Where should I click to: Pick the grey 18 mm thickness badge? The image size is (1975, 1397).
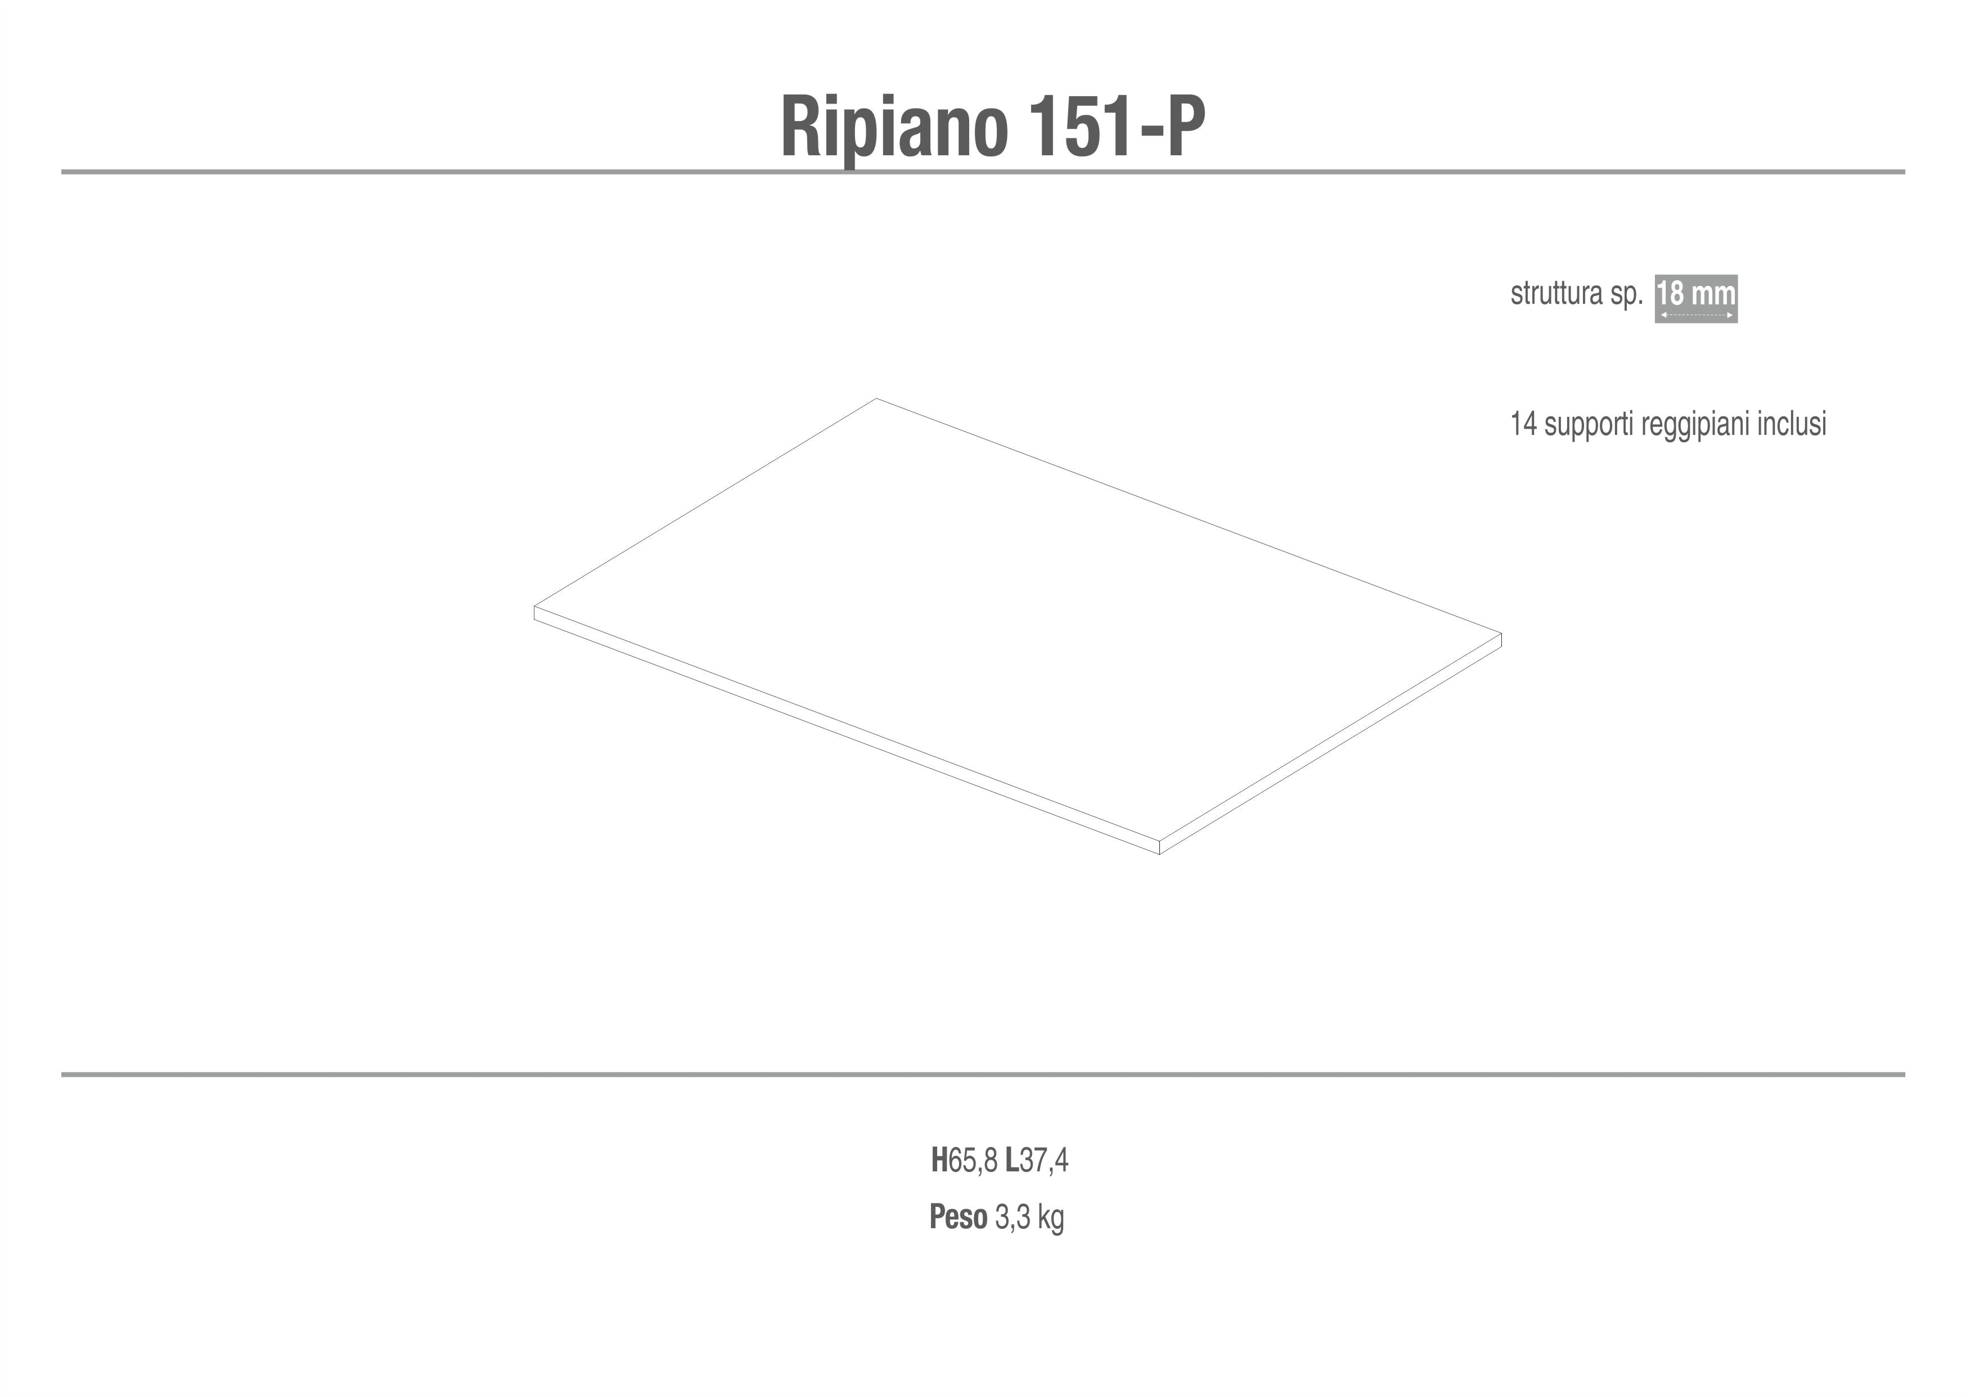1697,299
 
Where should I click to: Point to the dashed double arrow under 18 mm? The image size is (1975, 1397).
1697,316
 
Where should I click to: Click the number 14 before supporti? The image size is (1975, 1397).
1523,424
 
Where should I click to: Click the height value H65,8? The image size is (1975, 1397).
964,1161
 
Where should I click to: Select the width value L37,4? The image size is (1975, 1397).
1037,1161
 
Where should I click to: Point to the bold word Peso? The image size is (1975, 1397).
959,1217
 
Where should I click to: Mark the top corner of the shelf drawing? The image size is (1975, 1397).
876,398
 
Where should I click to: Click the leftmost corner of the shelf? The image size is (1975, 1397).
534,607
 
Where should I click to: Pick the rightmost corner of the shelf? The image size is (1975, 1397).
1501,634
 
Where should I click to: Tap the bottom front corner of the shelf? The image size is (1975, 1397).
1159,854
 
